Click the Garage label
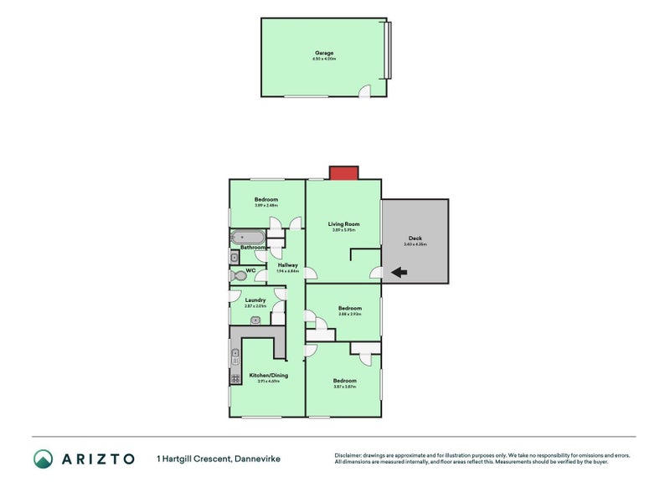pyautogui.click(x=323, y=53)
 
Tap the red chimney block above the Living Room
pyautogui.click(x=343, y=172)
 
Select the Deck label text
pyautogui.click(x=415, y=238)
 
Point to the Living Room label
pyautogui.click(x=343, y=223)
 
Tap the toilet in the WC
pyautogui.click(x=237, y=274)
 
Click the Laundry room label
pyautogui.click(x=255, y=300)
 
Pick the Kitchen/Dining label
pyautogui.click(x=268, y=375)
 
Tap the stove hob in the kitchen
pyautogui.click(x=234, y=378)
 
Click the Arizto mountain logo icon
pyautogui.click(x=44, y=458)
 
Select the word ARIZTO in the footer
pyautogui.click(x=97, y=458)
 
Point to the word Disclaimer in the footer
pyautogui.click(x=349, y=455)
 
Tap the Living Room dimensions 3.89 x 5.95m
pyautogui.click(x=343, y=230)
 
